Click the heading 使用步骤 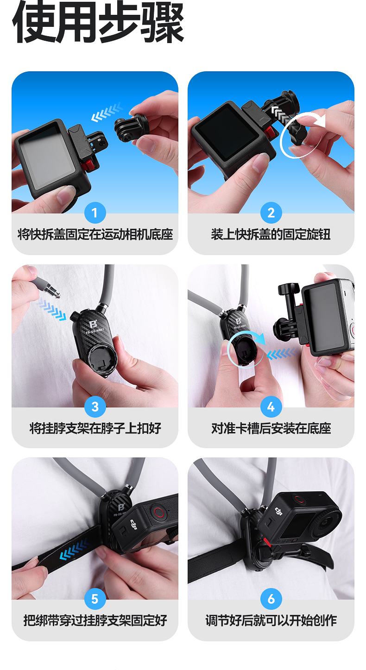click(x=98, y=22)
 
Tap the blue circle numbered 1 click(x=95, y=213)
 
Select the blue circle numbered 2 click(x=271, y=213)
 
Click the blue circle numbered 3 click(x=95, y=407)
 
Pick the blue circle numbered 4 click(x=271, y=407)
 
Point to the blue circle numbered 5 click(x=95, y=599)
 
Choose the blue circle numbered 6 click(x=271, y=599)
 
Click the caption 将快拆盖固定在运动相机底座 click(x=95, y=234)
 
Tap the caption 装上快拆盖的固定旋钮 click(x=271, y=234)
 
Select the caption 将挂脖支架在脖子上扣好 click(x=95, y=428)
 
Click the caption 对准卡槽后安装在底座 click(x=271, y=428)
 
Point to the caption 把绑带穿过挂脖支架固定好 click(x=95, y=620)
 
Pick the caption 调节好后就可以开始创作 click(x=271, y=620)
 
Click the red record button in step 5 click(x=158, y=512)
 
